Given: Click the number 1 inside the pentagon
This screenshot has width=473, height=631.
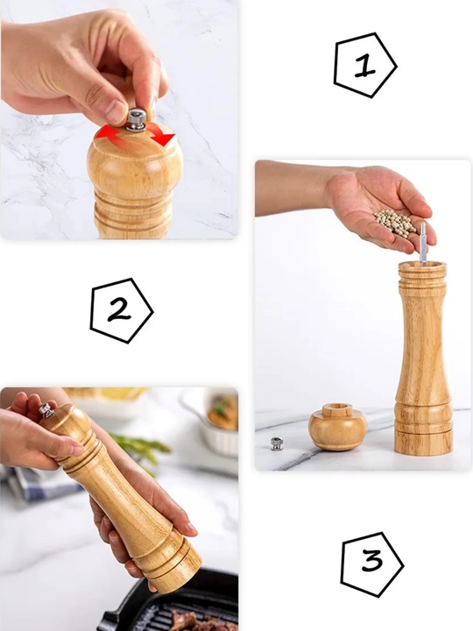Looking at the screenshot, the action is (x=364, y=66).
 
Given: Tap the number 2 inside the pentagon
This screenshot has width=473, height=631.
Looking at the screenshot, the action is (x=119, y=310).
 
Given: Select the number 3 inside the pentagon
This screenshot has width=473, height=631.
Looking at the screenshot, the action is (x=371, y=560).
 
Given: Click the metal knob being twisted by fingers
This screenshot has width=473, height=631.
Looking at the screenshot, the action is (x=137, y=119).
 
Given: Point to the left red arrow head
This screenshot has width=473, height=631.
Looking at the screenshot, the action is (x=104, y=132).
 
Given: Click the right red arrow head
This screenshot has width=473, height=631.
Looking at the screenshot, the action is (x=165, y=138).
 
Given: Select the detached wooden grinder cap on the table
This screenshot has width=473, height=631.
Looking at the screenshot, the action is (x=338, y=427).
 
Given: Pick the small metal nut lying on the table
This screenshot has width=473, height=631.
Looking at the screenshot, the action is (x=276, y=443).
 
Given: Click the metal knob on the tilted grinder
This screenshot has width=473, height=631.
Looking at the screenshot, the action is (x=46, y=410).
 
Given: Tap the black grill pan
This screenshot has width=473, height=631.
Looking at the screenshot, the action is (x=173, y=604).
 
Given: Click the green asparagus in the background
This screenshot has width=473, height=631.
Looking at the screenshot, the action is (x=141, y=447).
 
